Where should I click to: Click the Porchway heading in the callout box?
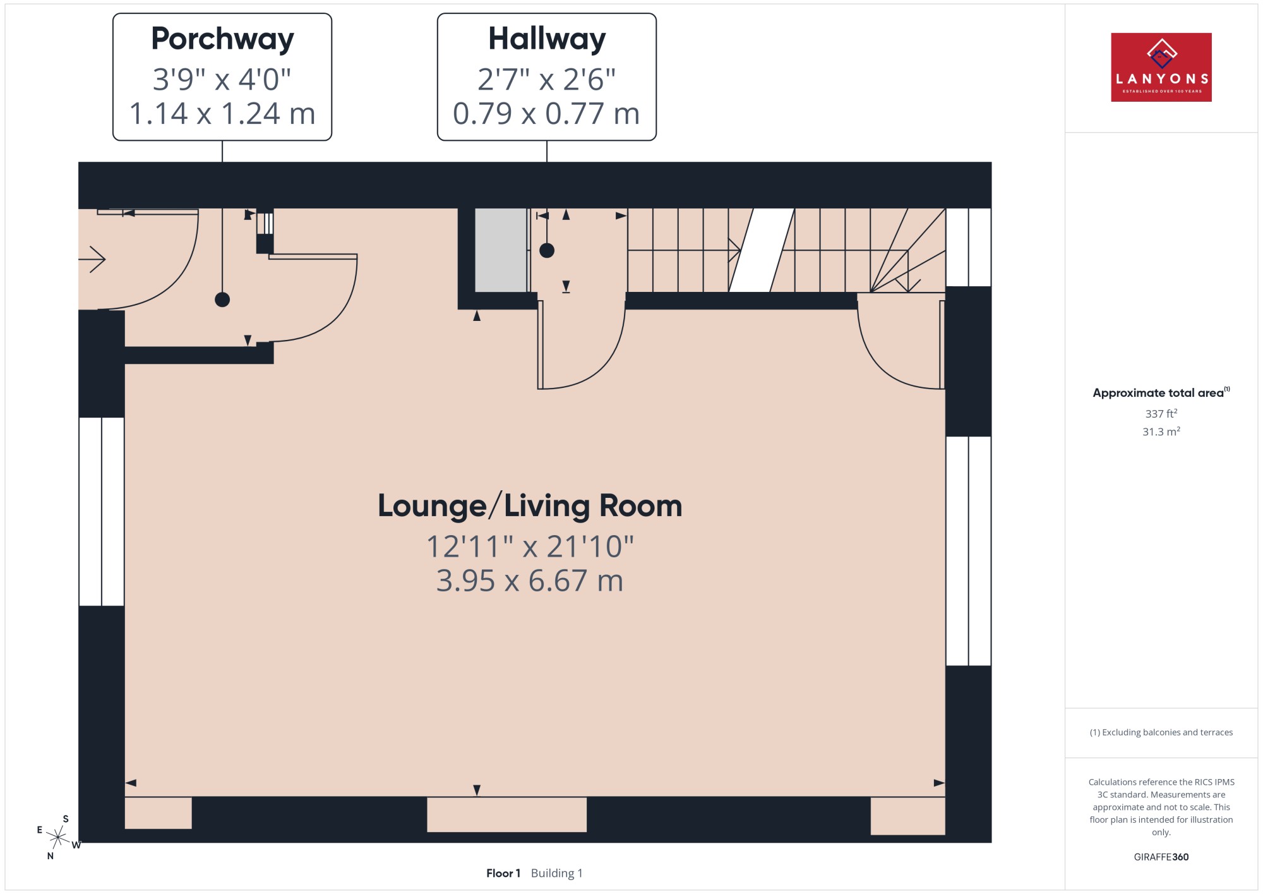click(x=222, y=39)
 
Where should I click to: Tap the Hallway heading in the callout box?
click(x=547, y=39)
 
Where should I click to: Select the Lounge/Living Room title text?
click(x=530, y=505)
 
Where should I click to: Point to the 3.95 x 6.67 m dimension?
click(x=530, y=581)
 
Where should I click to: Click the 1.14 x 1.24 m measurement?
click(x=222, y=114)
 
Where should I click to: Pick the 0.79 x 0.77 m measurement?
click(x=547, y=114)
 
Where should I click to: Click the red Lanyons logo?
click(x=1161, y=67)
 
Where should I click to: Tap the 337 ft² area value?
click(x=1161, y=413)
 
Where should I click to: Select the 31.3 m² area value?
click(x=1161, y=432)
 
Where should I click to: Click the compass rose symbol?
click(x=58, y=838)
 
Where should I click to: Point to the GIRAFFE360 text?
click(x=1161, y=857)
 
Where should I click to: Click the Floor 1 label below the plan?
click(x=503, y=873)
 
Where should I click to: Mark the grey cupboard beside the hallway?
click(x=501, y=250)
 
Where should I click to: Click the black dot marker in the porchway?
click(x=222, y=299)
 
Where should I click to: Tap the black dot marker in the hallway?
click(x=547, y=251)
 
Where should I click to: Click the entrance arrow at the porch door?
click(x=92, y=259)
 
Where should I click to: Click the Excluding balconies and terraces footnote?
click(x=1161, y=732)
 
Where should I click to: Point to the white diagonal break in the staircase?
click(x=762, y=250)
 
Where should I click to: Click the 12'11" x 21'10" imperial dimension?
click(x=530, y=547)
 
